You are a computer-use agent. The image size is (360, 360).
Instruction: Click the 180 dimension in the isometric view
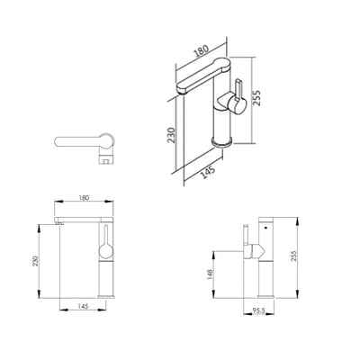202,51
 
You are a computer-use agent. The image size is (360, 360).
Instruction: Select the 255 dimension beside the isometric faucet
256,98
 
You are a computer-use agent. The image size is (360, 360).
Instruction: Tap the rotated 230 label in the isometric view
171,135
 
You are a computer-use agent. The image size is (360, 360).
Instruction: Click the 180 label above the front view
84,198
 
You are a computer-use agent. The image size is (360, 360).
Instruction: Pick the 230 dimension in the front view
35,261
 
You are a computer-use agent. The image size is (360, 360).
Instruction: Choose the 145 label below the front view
83,306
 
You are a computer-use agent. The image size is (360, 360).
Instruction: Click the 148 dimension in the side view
210,274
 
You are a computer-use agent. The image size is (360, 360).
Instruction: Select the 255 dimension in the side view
293,256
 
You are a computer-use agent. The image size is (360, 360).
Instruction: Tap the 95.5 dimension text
259,310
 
